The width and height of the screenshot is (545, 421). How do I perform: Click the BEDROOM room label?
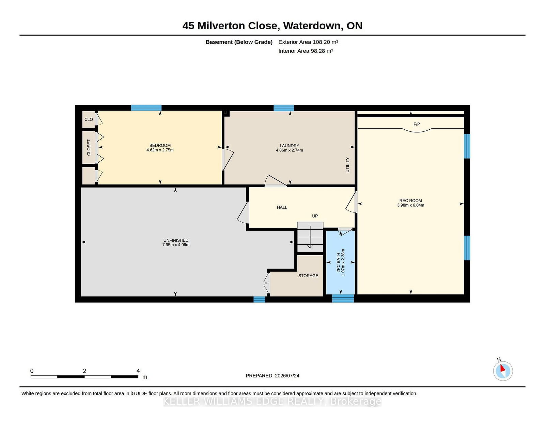(160, 145)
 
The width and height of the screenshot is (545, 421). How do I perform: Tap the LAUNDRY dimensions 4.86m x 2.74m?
(289, 150)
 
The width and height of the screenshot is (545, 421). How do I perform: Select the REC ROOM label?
(410, 200)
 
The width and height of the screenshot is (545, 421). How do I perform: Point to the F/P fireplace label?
(416, 124)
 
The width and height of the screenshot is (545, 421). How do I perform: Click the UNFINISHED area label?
(175, 240)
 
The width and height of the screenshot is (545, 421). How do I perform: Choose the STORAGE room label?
(308, 275)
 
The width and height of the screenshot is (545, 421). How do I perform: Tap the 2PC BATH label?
(338, 262)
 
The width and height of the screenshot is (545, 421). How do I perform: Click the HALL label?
(282, 207)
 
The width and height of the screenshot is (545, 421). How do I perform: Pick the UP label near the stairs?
(315, 216)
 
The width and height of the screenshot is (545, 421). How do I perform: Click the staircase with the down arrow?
(310, 237)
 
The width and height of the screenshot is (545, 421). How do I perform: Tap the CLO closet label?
(89, 119)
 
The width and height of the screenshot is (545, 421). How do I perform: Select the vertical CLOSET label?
(89, 147)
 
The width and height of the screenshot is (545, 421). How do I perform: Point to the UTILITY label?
(347, 165)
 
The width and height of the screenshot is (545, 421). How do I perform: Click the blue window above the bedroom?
(146, 108)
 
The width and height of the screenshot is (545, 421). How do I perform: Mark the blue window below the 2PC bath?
(343, 298)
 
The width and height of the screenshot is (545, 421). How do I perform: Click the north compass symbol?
(503, 370)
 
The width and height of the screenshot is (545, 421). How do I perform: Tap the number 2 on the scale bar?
(84, 371)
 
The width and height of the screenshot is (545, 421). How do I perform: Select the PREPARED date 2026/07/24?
(287, 375)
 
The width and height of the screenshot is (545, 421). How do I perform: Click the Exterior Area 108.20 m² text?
(308, 42)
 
